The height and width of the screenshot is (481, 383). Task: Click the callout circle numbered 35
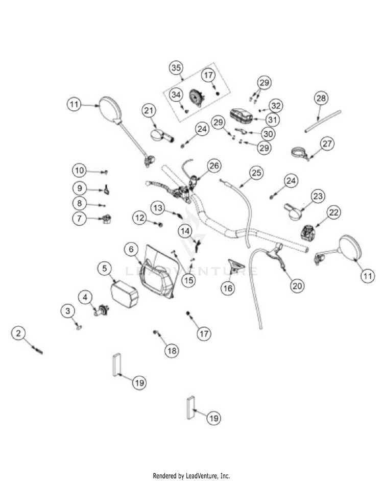tap(176, 68)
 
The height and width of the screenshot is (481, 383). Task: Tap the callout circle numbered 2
tap(19, 333)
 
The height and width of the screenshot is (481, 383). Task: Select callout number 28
tap(321, 98)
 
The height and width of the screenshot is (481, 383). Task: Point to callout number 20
tap(297, 285)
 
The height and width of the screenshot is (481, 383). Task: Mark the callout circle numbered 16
tap(228, 288)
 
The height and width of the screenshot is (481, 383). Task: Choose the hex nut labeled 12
tap(161, 225)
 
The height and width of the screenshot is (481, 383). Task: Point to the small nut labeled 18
tap(155, 333)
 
